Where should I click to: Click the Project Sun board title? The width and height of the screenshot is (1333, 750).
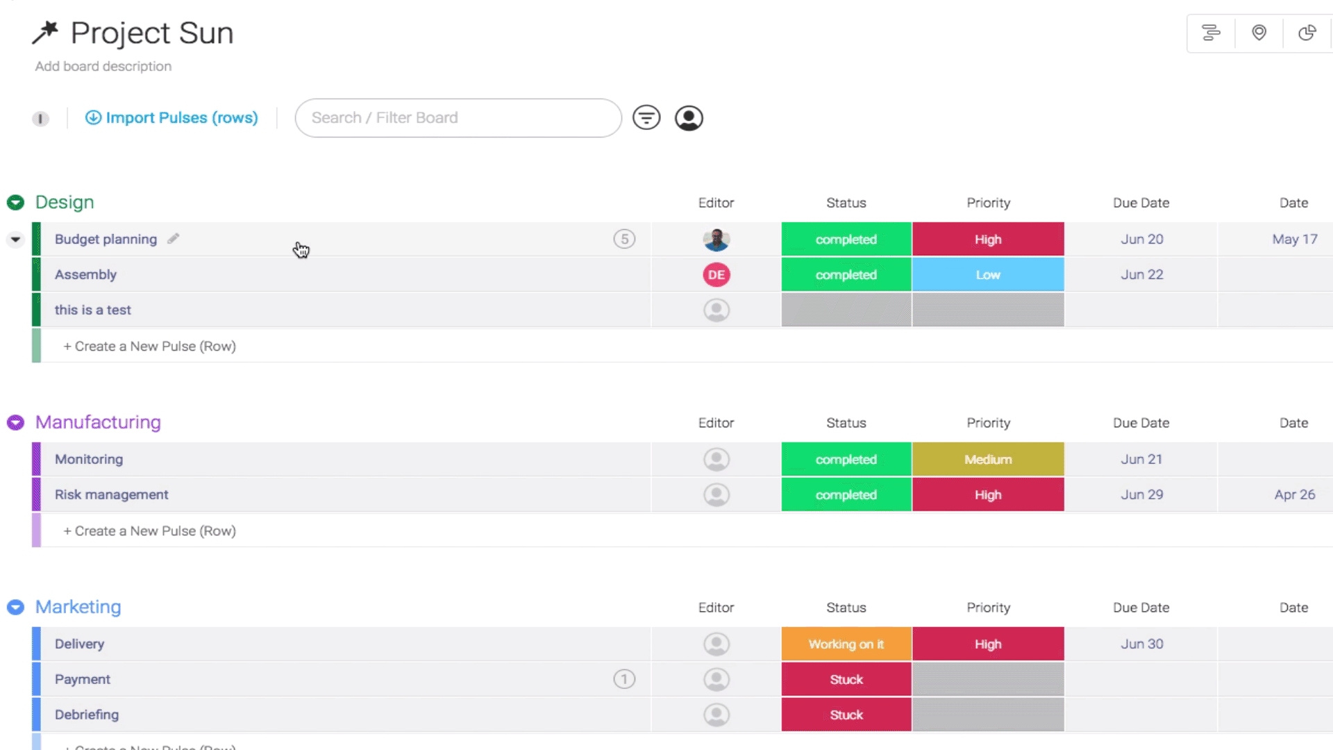152,33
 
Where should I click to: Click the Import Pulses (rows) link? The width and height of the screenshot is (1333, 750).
171,118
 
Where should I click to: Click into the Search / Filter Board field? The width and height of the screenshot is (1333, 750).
458,118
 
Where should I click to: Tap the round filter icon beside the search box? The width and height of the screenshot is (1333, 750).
646,118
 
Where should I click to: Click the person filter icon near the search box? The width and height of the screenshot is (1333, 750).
689,118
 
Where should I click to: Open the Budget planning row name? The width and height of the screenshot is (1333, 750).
106,240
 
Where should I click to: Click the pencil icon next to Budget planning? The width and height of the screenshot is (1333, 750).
174,239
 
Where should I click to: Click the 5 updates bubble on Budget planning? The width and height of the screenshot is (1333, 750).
624,240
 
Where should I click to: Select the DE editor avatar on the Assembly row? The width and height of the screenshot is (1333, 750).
716,275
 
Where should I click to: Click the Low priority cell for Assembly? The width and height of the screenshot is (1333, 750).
988,275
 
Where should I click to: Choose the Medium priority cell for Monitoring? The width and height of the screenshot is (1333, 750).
988,460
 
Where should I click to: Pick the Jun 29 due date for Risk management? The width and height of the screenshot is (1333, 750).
1141,495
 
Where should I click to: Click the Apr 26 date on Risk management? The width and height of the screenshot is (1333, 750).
1295,495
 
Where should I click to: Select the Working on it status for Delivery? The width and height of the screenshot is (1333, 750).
846,644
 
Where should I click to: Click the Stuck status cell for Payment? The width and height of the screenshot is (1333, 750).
846,680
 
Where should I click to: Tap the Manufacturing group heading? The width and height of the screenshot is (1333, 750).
98,422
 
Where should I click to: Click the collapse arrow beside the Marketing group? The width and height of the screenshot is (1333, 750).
15,608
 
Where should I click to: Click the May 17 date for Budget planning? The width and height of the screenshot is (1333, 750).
1295,240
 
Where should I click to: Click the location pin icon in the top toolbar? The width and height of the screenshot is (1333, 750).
1259,33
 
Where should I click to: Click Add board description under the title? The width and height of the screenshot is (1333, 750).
103,67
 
